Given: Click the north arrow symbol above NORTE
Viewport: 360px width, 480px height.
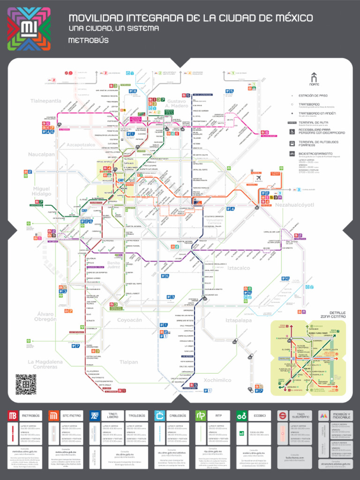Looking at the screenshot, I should (314, 77).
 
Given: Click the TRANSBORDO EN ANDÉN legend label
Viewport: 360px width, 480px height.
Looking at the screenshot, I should (318, 113).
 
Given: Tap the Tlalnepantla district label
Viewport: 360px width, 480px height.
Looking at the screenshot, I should (46, 101).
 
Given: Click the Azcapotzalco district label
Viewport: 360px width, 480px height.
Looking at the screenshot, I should (81, 145).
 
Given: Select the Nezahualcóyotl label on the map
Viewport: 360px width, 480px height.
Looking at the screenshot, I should (294, 205).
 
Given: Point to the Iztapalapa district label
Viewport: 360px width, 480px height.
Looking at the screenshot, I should (238, 320).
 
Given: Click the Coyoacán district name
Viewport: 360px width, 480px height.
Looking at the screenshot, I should (129, 320).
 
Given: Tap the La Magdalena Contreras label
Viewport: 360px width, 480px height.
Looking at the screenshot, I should (45, 364).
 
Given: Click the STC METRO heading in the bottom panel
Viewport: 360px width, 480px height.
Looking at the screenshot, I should (72, 415).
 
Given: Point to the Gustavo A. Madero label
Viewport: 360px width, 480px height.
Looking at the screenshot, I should (177, 104).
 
